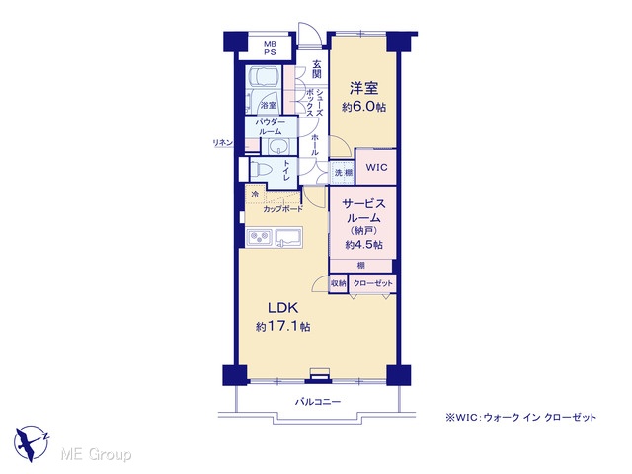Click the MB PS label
(x=270, y=48)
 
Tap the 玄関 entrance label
(x=317, y=69)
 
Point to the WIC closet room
(x=376, y=167)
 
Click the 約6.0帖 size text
(x=364, y=107)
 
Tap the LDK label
(x=283, y=308)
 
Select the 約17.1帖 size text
(x=283, y=327)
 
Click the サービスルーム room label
(x=363, y=211)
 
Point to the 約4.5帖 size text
(x=364, y=245)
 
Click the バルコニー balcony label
(x=318, y=402)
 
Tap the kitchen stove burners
(x=260, y=237)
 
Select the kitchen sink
(x=288, y=237)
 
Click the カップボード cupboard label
(x=283, y=209)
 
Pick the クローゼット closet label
(x=372, y=283)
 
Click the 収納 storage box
(x=338, y=283)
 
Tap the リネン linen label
(x=223, y=142)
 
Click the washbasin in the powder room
(x=276, y=147)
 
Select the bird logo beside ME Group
(x=31, y=442)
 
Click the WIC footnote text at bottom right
(x=520, y=418)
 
